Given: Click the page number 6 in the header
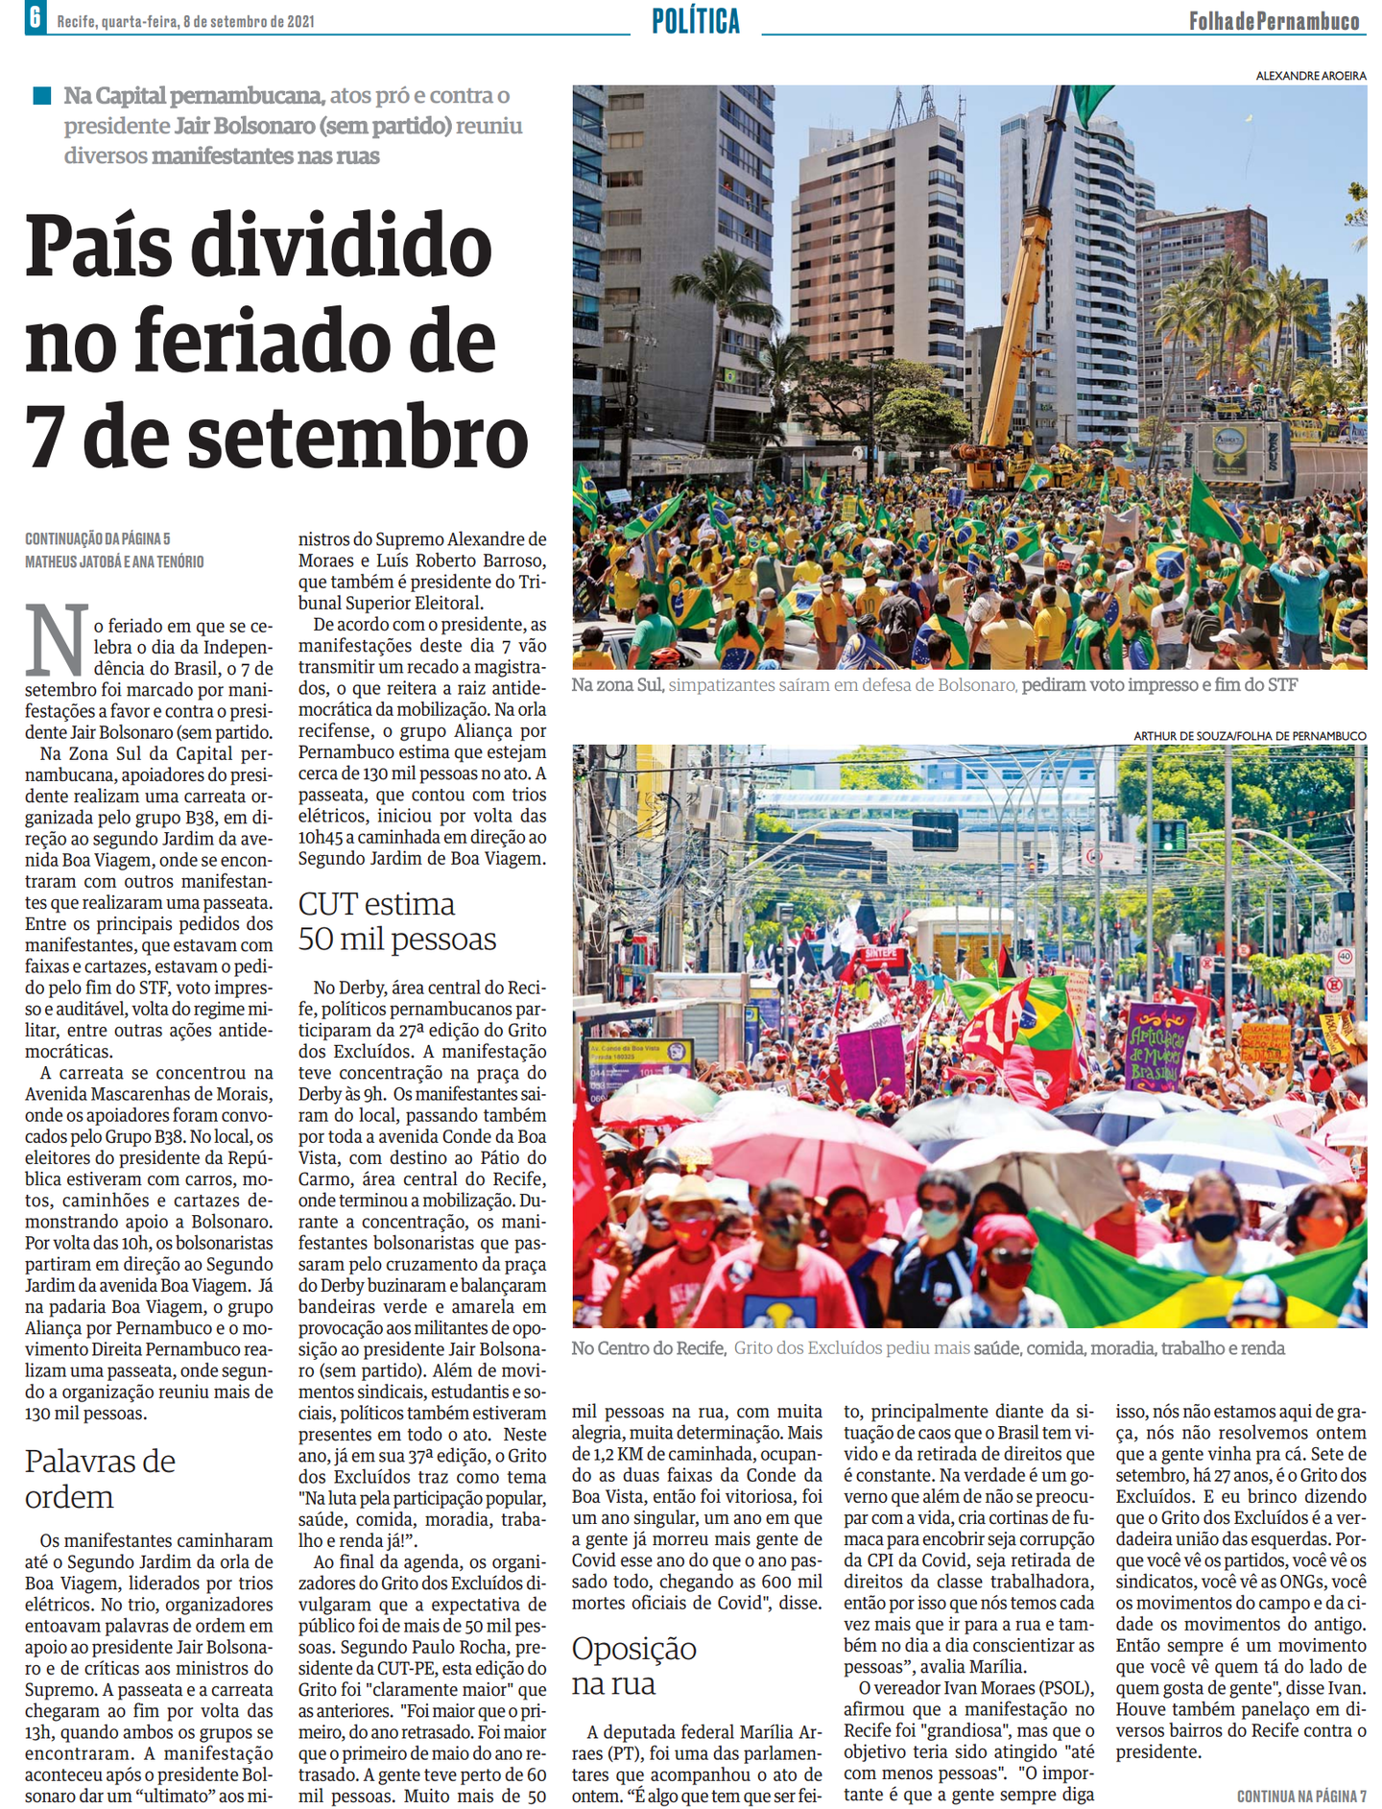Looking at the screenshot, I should [35, 17].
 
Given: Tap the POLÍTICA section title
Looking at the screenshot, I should [696, 20].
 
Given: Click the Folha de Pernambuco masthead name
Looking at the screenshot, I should [1274, 21].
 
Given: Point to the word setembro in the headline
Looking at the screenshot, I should [354, 437].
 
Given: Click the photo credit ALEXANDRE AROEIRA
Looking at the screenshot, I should [1310, 76].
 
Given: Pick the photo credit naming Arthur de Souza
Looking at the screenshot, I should [1250, 736].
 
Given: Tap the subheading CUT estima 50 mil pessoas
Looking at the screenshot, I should [396, 920].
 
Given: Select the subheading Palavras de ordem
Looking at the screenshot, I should [100, 1478].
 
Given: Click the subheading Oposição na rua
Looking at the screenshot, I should [633, 1665].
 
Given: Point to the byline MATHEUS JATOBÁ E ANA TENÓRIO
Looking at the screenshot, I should [114, 561].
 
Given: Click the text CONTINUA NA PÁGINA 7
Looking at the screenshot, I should [1300, 1796].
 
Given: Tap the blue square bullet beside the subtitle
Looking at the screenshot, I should [41, 95].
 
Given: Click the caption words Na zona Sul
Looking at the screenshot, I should [617, 685].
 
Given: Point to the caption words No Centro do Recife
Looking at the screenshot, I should [648, 1348].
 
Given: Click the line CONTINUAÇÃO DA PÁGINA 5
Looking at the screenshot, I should [98, 539].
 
